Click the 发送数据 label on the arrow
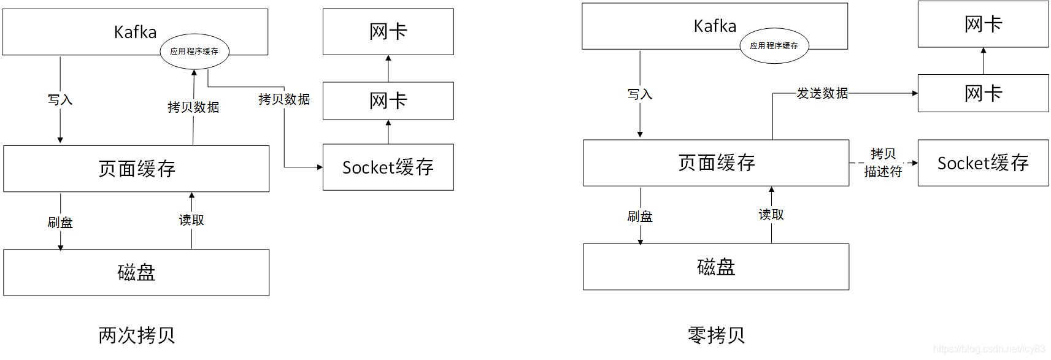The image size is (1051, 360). pos(822,93)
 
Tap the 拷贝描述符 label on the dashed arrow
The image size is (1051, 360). pos(883,163)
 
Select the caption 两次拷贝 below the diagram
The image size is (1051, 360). pos(137,335)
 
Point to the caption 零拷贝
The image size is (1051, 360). pos(716,335)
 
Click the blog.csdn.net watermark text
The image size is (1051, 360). pos(989,349)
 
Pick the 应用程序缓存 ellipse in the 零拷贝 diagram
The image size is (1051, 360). pos(774,46)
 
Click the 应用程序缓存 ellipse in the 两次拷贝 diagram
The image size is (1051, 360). pos(194,52)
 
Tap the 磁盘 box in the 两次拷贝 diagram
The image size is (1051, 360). pos(137,272)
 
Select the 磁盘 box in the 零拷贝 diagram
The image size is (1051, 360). pos(716,267)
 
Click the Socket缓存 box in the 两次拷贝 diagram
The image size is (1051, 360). pos(388,167)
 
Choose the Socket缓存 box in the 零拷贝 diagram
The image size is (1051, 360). pos(983,163)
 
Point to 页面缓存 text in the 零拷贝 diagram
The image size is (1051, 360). pos(717,163)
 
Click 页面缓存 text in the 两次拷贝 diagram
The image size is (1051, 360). pos(137,169)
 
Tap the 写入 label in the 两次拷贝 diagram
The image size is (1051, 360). pos(60,100)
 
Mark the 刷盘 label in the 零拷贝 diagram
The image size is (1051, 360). pos(640,216)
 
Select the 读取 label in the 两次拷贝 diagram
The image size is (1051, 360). pos(191,220)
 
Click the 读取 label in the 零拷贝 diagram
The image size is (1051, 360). pos(771,214)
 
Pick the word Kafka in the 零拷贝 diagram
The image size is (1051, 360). pos(715,26)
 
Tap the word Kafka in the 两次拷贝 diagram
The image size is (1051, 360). pos(135,32)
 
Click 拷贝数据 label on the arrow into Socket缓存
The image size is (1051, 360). pos(284,99)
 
